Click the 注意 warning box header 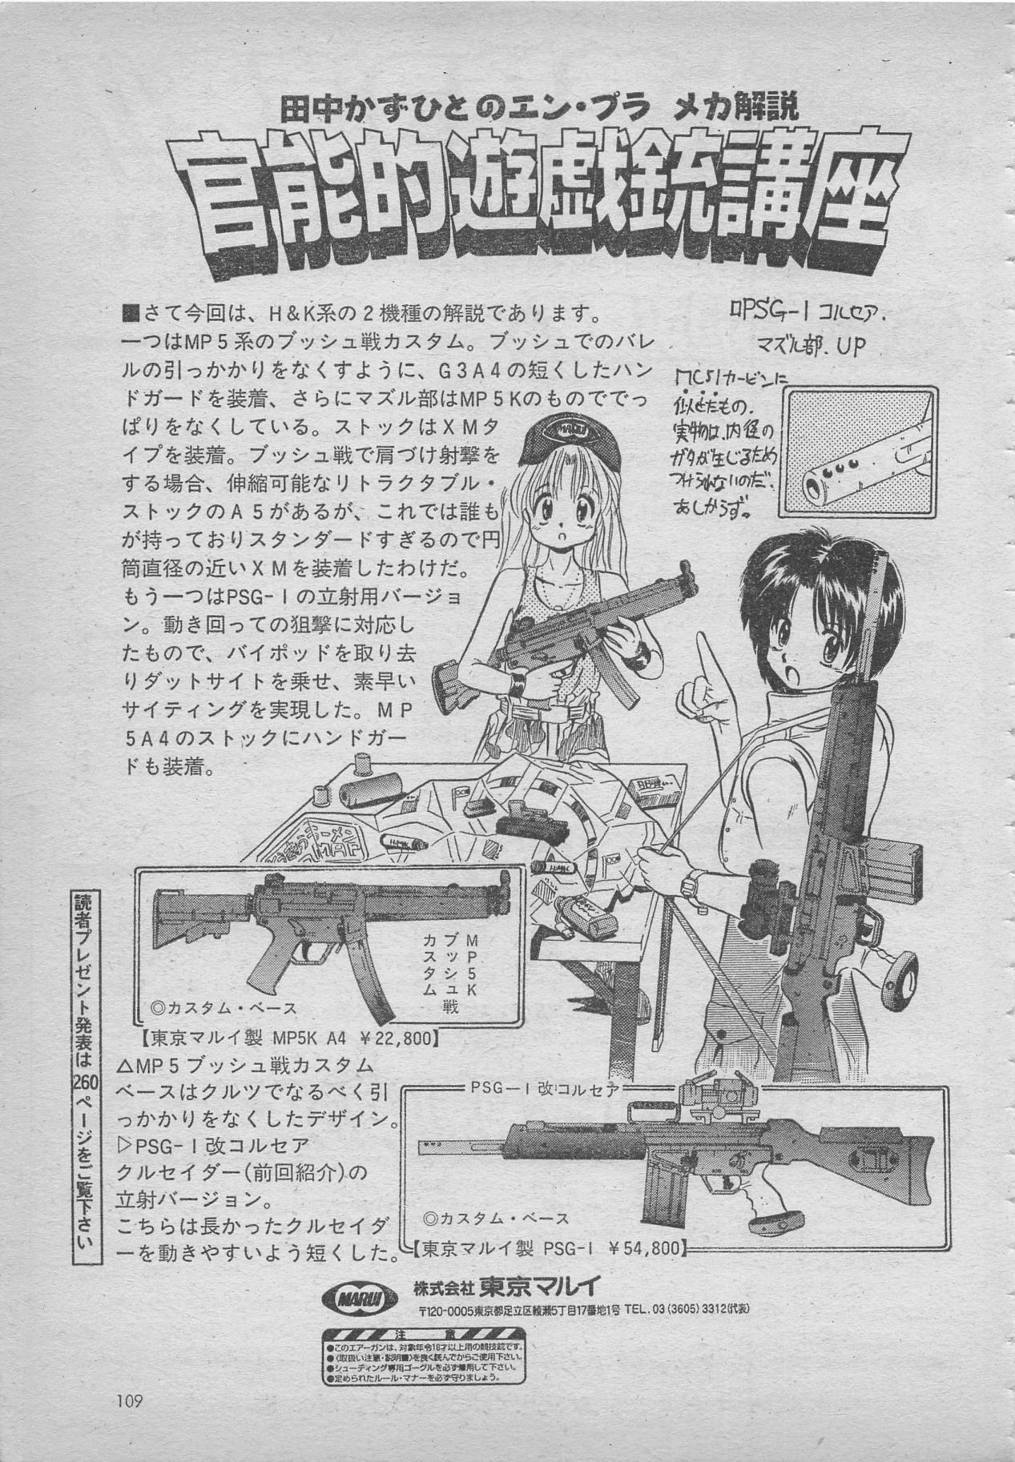click(424, 1335)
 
